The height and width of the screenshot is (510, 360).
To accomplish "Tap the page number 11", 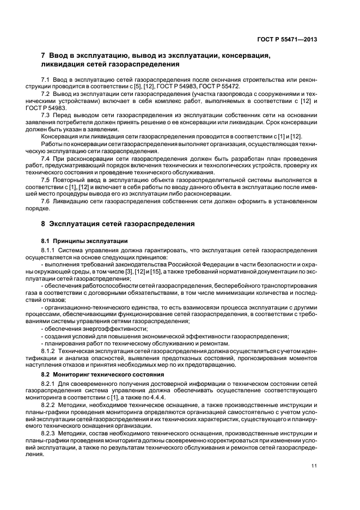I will click(x=314, y=465).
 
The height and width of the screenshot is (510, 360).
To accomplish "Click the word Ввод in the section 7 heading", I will click(x=61, y=55).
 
